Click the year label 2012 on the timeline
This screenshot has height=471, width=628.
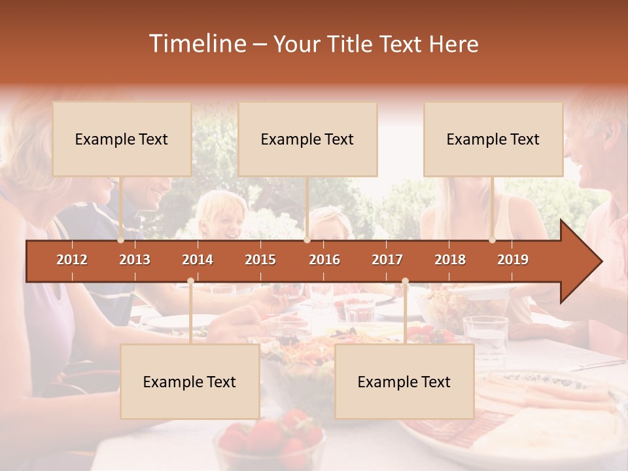(72, 260)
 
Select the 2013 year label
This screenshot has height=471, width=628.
(135, 260)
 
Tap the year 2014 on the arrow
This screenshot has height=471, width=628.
(198, 260)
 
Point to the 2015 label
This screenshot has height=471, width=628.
(260, 260)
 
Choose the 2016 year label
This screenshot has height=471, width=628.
(324, 260)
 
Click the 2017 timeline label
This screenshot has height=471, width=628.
(387, 260)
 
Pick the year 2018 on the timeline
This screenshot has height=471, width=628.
(450, 260)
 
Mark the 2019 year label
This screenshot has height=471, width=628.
(513, 260)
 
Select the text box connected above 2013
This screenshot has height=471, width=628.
(122, 139)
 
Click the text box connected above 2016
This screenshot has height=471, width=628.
(307, 139)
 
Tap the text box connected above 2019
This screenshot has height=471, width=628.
(493, 139)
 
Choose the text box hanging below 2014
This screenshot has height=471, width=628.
(190, 381)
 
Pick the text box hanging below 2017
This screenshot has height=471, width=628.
(404, 381)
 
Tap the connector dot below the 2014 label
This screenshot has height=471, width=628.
(190, 281)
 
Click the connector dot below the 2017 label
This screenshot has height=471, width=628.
(405, 281)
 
